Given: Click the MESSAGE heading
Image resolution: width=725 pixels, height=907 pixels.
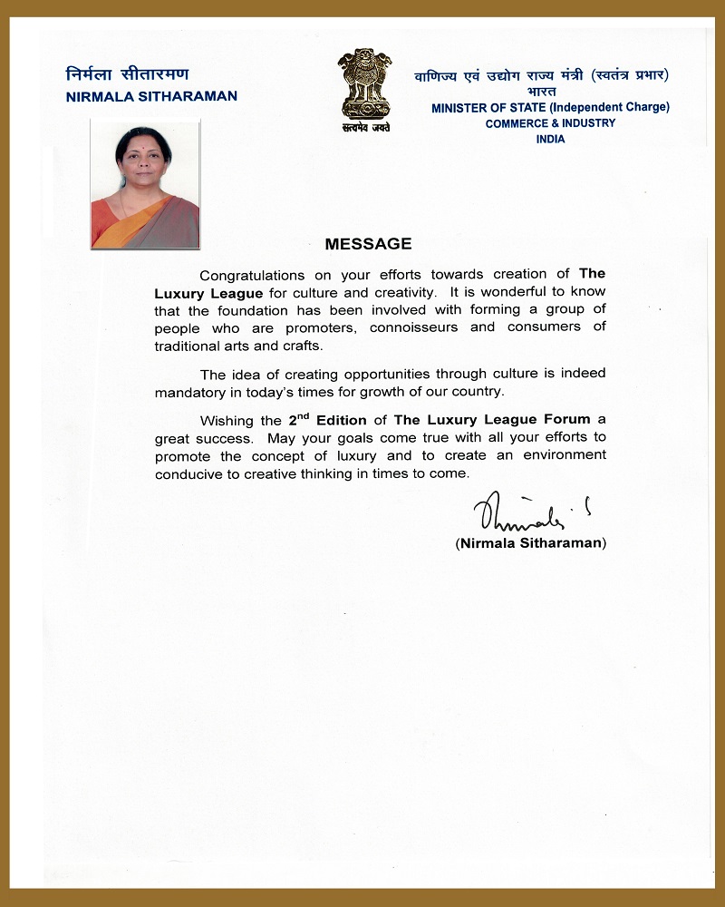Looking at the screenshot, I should pyautogui.click(x=368, y=244).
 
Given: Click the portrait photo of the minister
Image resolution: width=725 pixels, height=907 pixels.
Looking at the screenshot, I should pyautogui.click(x=145, y=186).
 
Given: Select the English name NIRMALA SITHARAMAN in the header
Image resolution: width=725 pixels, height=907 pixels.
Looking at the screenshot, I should pyautogui.click(x=152, y=96).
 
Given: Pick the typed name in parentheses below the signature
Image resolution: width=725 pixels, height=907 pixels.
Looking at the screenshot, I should pyautogui.click(x=531, y=543).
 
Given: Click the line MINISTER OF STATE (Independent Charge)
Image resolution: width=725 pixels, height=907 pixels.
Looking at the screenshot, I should pyautogui.click(x=550, y=107).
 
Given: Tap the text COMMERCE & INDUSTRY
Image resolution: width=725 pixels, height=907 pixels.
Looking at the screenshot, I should pyautogui.click(x=550, y=123).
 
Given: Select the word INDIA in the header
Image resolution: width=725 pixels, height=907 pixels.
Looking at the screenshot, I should pyautogui.click(x=550, y=140).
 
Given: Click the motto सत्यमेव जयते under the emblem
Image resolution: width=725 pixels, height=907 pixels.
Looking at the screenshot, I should pyautogui.click(x=365, y=129).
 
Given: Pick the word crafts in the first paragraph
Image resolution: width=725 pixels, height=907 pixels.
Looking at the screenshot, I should pyautogui.click(x=302, y=346).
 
